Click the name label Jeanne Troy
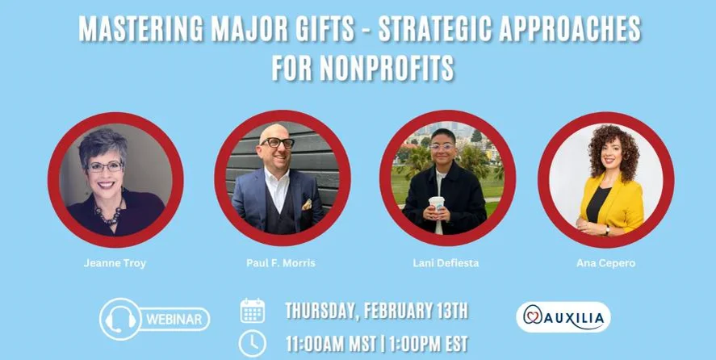pyautogui.click(x=115, y=263)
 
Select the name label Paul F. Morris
pyautogui.click(x=281, y=263)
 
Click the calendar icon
pyautogui.click(x=253, y=311)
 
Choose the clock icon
pyautogui.click(x=253, y=343)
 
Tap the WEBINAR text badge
pyautogui.click(x=174, y=319)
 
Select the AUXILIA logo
pyautogui.click(x=563, y=317)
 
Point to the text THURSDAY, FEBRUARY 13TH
pyautogui.click(x=376, y=311)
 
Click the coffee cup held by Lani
pyautogui.click(x=437, y=206)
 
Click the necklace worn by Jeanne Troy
pyautogui.click(x=107, y=215)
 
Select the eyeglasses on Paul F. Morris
pyautogui.click(x=277, y=144)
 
